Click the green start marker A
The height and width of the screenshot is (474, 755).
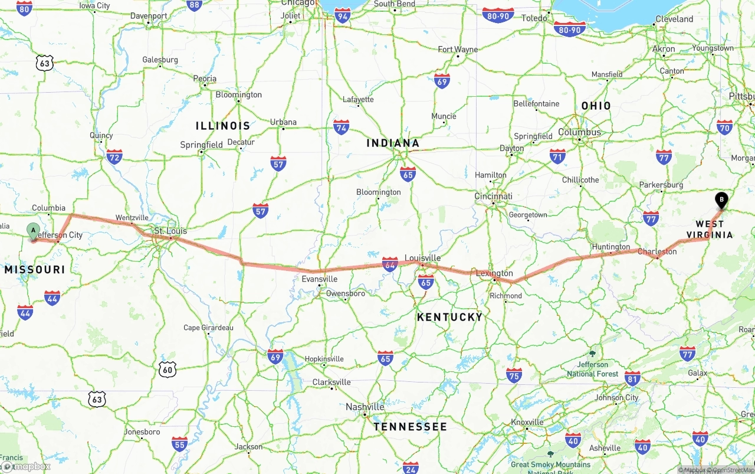34,231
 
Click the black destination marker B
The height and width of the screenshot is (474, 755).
721,200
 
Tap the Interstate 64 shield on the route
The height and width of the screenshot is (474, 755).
390,264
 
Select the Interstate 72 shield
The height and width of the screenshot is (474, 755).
114,156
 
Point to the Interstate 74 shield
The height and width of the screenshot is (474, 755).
341,126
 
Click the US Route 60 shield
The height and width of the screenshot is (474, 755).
168,370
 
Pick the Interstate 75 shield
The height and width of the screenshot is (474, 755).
514,375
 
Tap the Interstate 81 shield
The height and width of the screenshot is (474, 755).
632,378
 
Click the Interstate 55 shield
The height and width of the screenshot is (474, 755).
180,444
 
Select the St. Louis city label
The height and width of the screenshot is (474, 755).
170,231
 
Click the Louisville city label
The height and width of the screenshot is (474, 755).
422,258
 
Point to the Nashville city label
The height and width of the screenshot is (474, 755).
365,407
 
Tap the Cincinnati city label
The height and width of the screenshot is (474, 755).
493,196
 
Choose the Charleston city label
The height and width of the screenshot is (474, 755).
657,251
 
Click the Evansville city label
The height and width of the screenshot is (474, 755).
319,279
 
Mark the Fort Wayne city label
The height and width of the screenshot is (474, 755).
458,50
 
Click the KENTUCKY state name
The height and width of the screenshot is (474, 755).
449,317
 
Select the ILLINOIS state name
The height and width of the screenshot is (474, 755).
223,126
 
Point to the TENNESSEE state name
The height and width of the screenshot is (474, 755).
410,426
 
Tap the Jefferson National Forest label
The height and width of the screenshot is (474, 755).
593,370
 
